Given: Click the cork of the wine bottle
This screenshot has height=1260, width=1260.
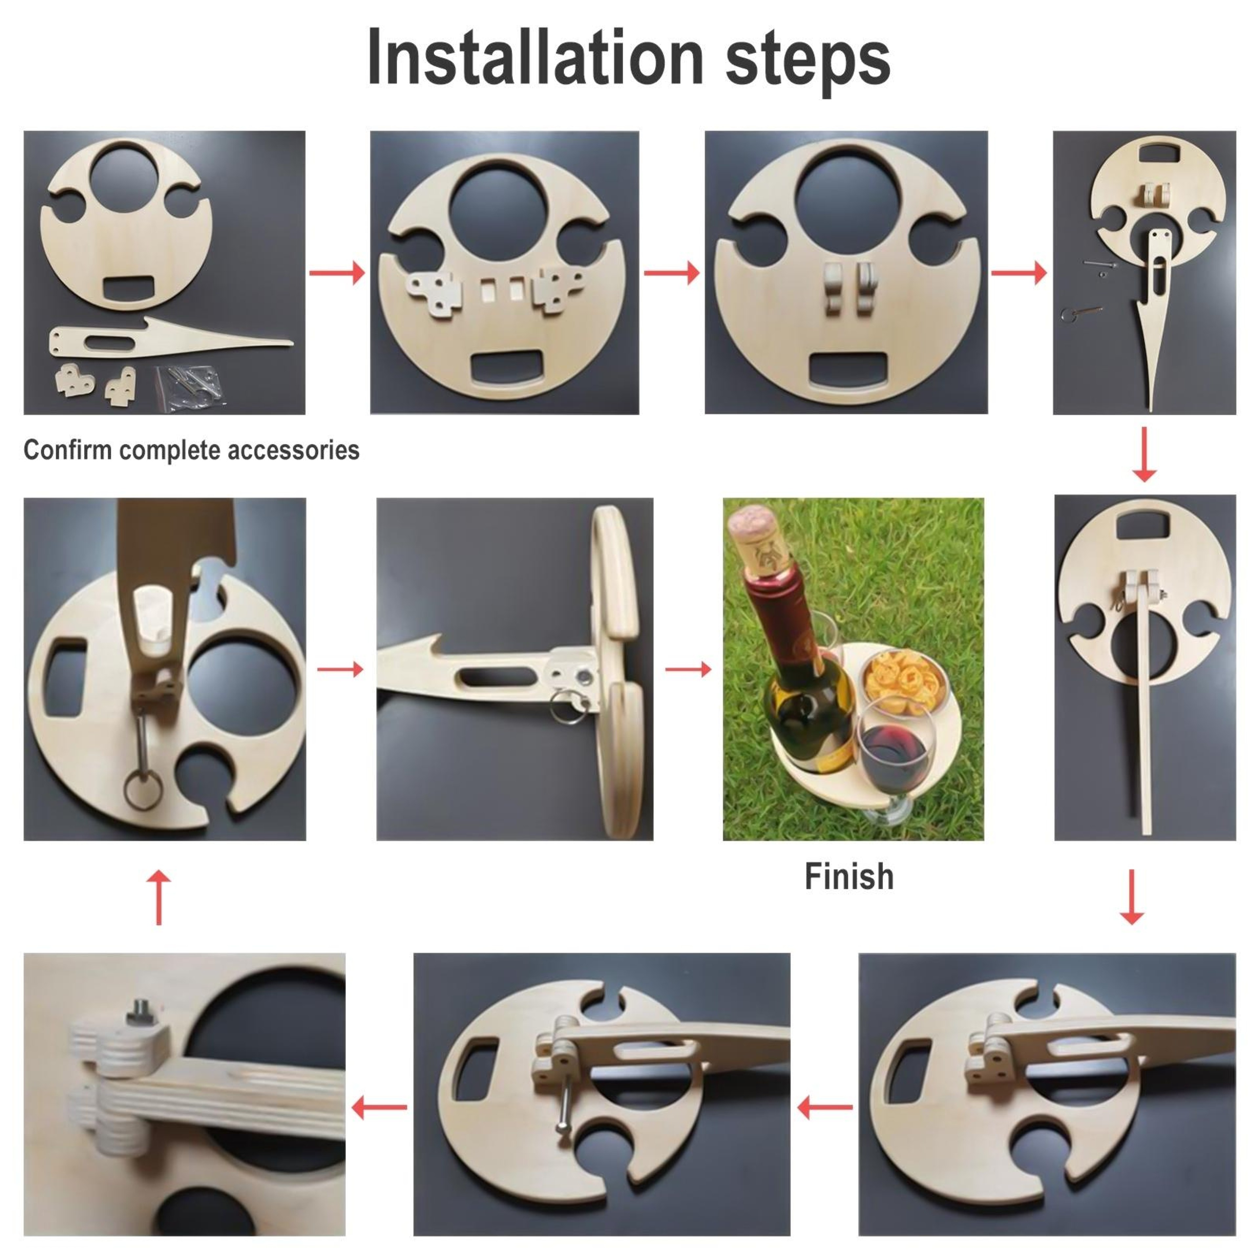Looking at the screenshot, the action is coord(757,541).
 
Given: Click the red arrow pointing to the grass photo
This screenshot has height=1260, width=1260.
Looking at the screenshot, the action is coord(688,668).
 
